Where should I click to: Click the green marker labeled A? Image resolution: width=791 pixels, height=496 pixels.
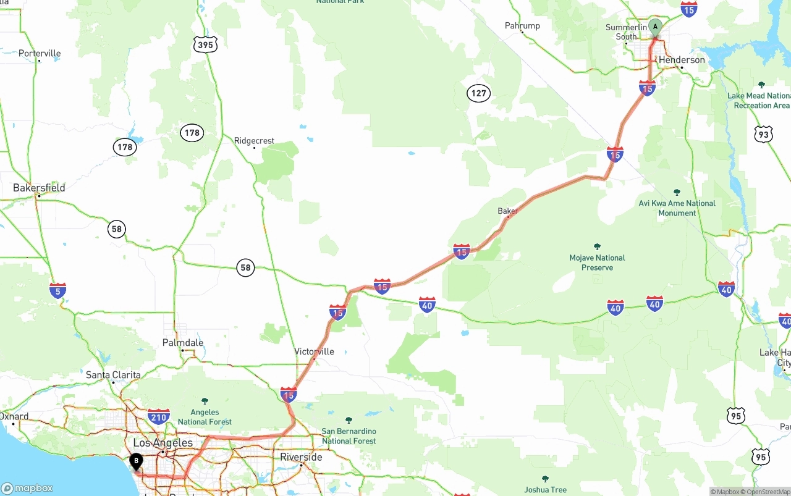[655, 27]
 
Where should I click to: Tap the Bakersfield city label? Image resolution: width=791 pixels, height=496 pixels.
[39, 188]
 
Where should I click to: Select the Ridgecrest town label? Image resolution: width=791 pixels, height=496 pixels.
[254, 141]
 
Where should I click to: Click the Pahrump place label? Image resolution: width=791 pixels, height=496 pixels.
[522, 25]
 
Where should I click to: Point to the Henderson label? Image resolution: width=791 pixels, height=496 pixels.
[682, 60]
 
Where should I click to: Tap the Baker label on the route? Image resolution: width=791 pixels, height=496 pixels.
[507, 211]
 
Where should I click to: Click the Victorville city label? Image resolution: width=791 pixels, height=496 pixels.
[314, 351]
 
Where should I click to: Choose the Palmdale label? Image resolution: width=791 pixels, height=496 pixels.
[182, 342]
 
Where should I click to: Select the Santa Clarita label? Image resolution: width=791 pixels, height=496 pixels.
[113, 375]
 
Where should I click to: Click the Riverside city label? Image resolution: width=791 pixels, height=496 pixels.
[301, 457]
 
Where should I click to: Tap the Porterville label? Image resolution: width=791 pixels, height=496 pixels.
[40, 53]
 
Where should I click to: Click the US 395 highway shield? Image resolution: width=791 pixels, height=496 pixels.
[205, 44]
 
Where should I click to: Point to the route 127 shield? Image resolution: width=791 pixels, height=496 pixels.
[478, 93]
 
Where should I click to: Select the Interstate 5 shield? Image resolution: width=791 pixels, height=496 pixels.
[58, 291]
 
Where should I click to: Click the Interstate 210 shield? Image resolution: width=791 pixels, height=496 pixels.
[159, 416]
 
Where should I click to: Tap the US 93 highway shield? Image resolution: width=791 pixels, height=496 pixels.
[764, 134]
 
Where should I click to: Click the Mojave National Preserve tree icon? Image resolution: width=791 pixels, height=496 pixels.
[597, 246]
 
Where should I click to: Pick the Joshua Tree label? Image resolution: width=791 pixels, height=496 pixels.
[545, 490]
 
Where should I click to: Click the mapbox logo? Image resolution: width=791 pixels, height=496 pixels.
[27, 488]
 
